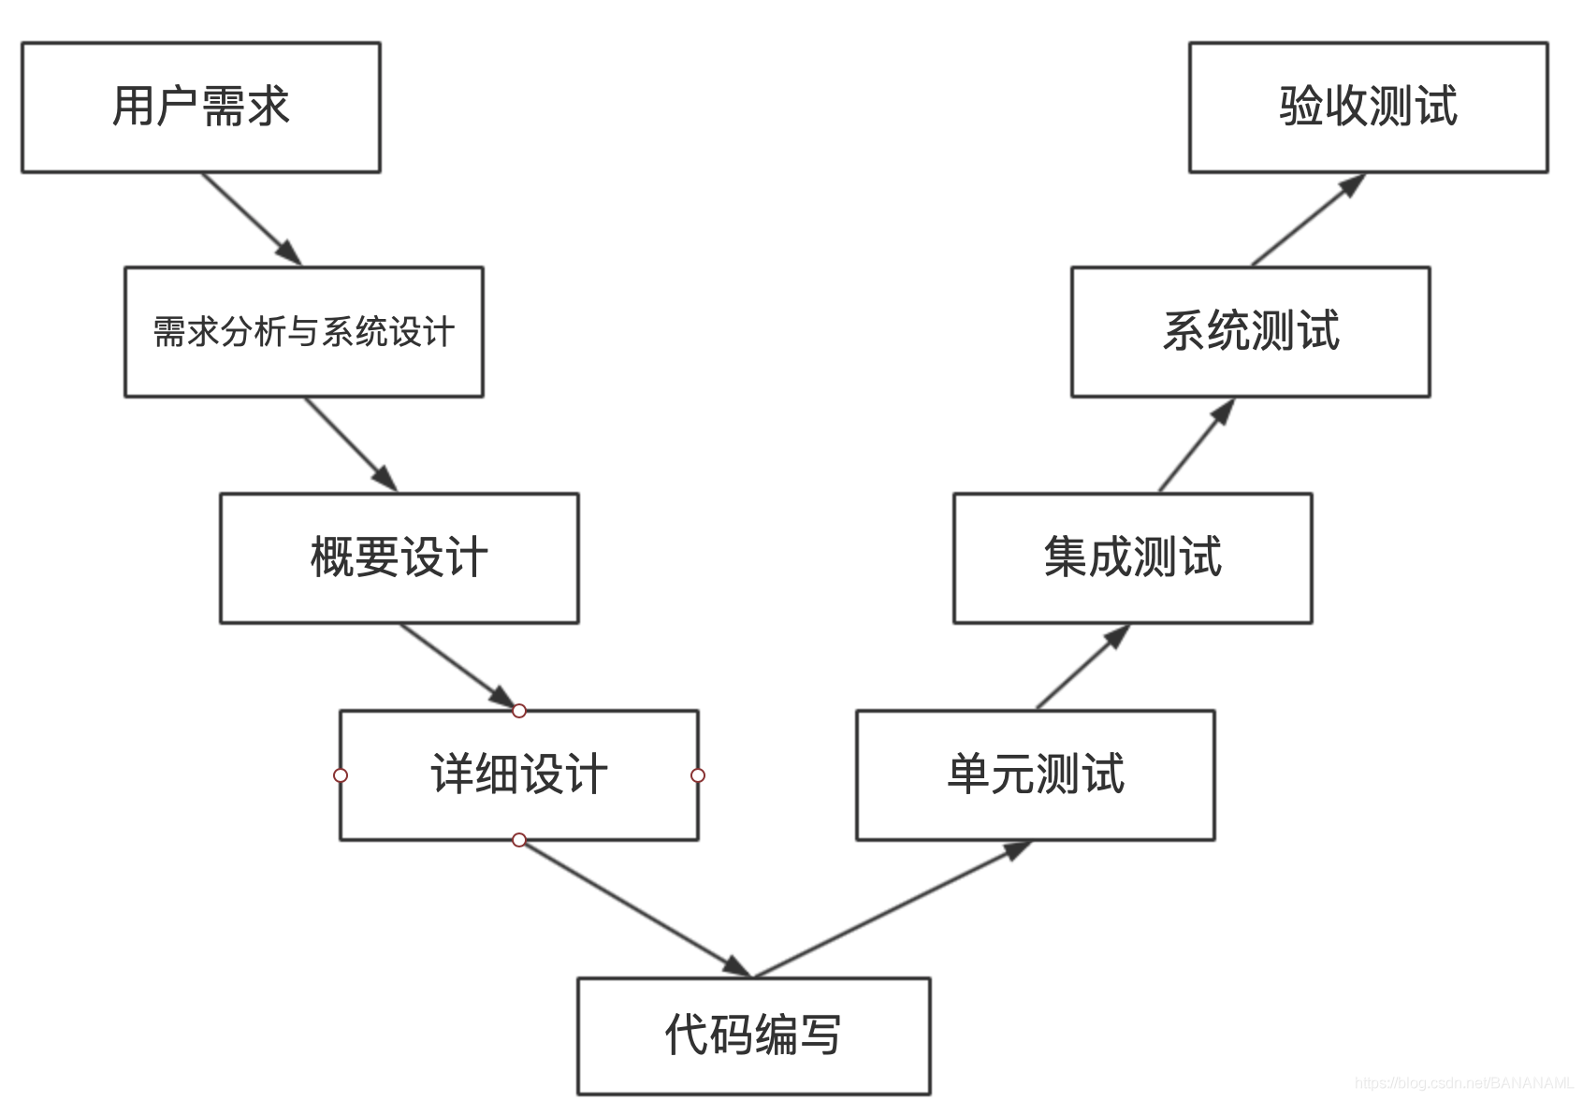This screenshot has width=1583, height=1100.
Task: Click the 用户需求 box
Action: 200,107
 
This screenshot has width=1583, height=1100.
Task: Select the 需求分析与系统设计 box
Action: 303,332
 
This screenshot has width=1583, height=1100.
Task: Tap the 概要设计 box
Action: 399,558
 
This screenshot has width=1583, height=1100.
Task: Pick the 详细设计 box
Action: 518,775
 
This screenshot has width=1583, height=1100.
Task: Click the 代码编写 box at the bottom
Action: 753,1035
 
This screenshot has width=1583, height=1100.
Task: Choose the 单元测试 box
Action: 1035,775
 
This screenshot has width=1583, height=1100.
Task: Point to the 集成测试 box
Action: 1132,558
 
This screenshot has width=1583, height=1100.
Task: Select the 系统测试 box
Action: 1250,332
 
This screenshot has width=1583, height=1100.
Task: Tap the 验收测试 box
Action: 1368,107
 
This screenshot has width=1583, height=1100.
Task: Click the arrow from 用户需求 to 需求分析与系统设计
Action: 251,219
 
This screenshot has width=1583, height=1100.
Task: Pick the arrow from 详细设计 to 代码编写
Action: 634,908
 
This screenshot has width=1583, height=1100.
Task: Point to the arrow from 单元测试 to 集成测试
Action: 1082,667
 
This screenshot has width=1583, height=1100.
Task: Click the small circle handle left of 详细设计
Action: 341,775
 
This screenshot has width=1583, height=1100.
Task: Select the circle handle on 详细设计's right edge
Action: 697,775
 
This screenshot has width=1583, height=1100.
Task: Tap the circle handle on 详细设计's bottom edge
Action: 518,840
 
